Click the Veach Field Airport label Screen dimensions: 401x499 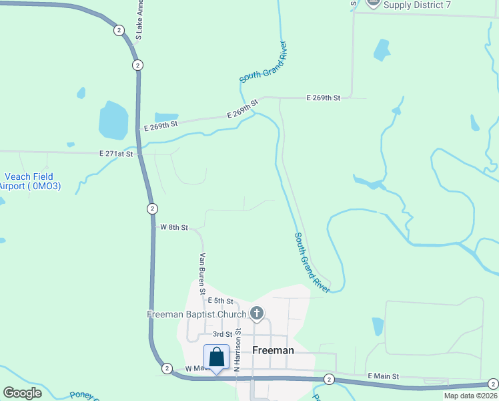point(30,181)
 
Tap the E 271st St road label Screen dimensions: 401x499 point(117,154)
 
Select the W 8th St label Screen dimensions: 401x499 point(174,227)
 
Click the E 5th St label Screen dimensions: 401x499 point(220,301)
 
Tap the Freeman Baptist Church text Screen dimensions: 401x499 point(197,314)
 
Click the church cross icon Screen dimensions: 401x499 point(257,313)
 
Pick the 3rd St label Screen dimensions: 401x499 point(222,333)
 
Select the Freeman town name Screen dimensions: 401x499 point(274,350)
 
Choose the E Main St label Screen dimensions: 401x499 point(383,377)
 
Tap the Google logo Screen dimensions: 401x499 point(23,393)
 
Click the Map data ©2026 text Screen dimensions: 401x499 point(471,396)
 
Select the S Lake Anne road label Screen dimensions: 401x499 point(139,19)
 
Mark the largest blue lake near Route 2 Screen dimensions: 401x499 point(113,120)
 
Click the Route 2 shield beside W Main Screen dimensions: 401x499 point(167,368)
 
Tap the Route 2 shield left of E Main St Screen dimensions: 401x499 point(329,379)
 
